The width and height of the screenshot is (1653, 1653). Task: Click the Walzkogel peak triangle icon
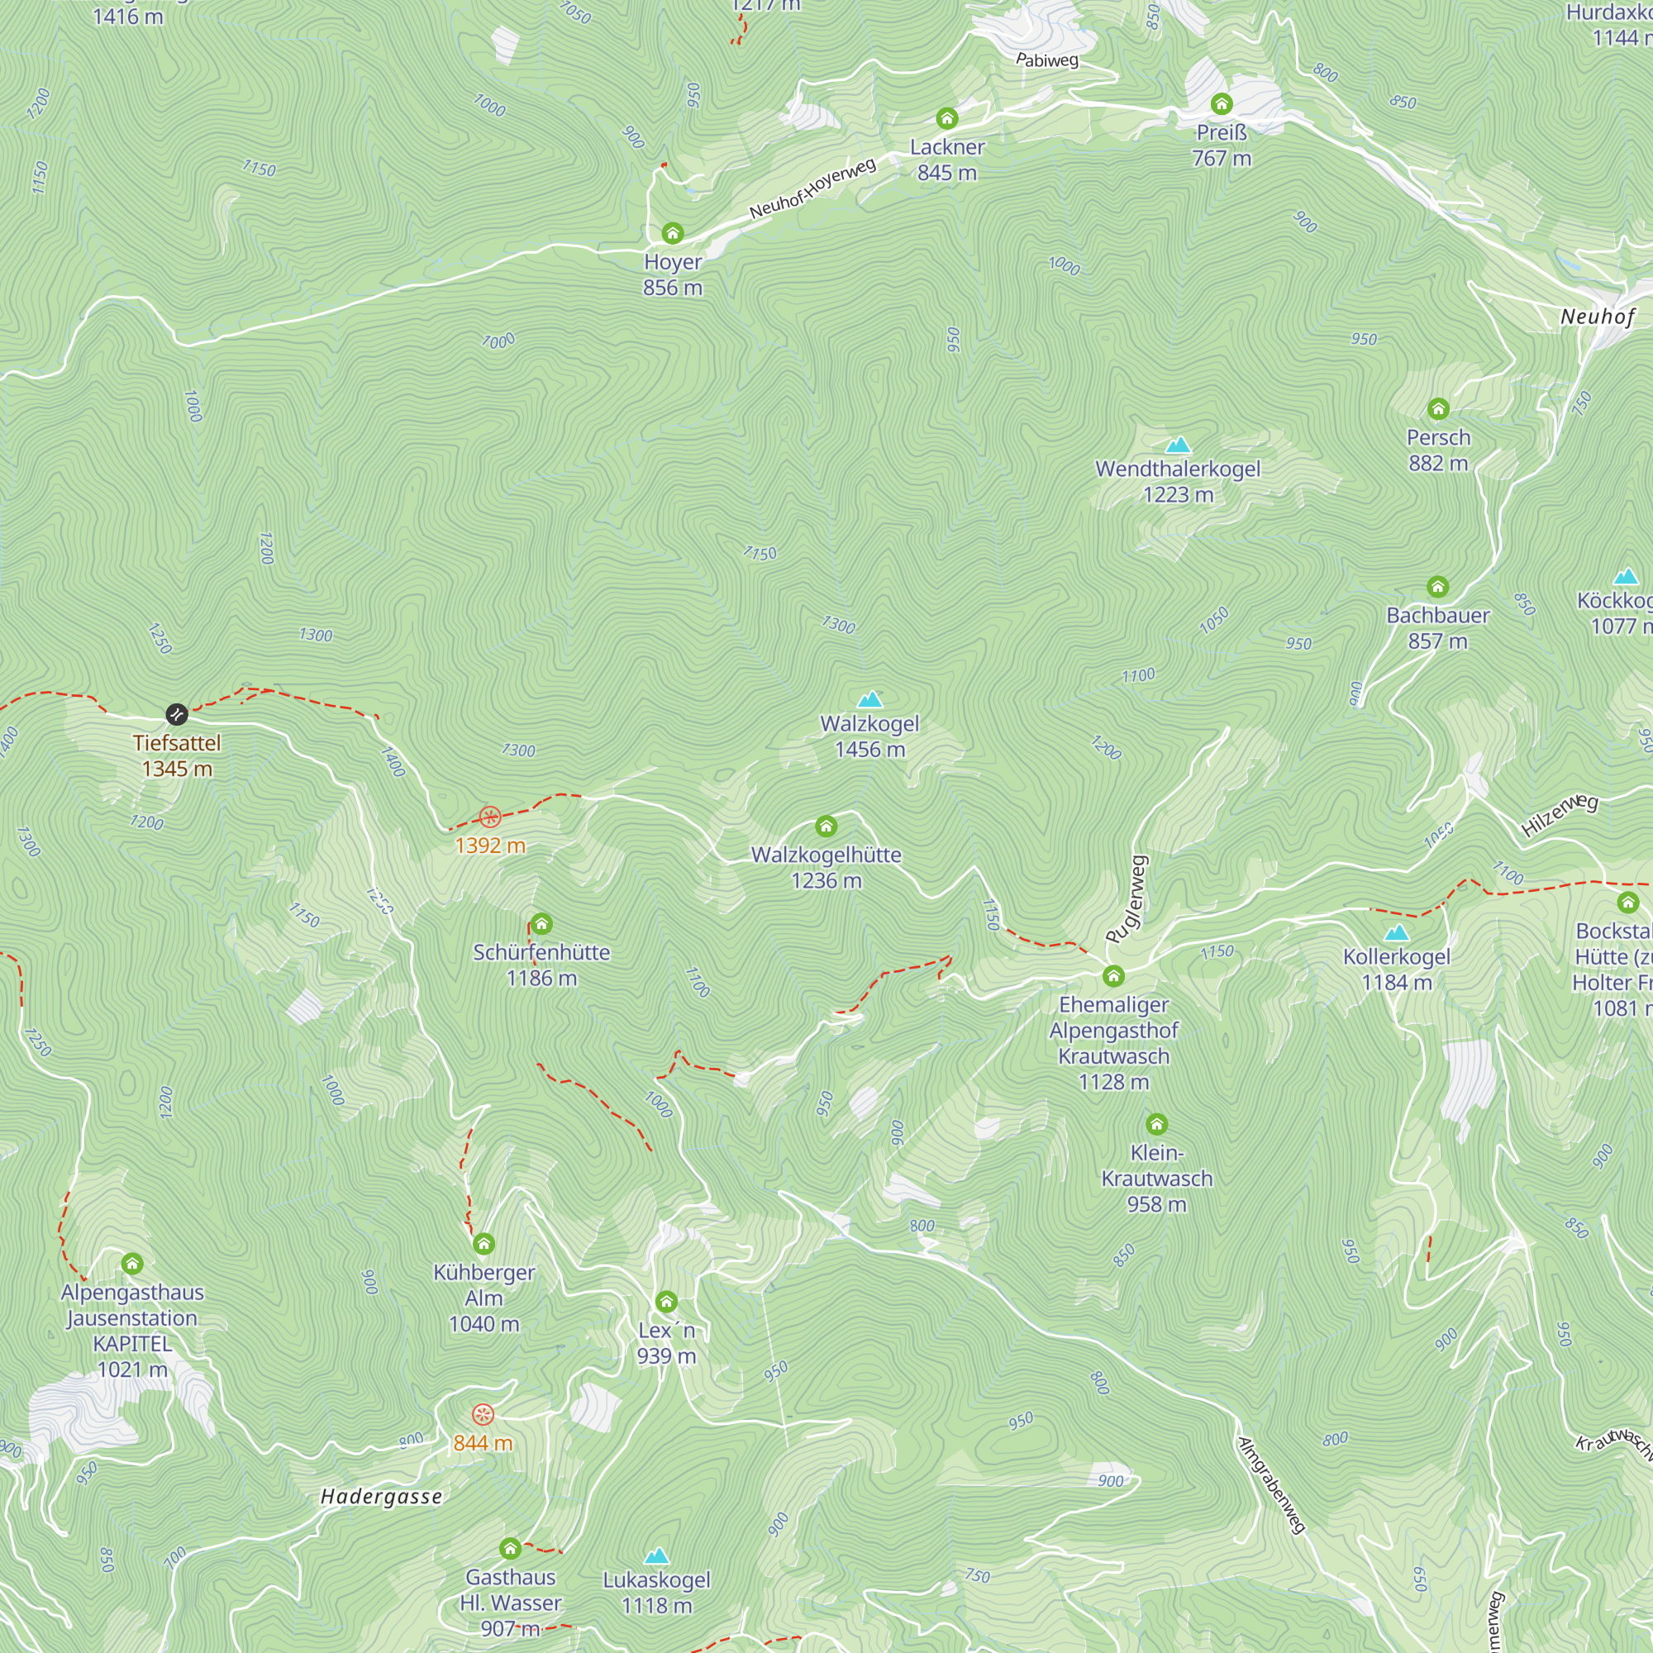point(869,700)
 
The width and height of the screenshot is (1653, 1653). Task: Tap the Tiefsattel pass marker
point(176,714)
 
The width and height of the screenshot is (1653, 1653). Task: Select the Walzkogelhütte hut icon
point(826,826)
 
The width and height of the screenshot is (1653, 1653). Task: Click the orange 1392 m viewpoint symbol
point(489,817)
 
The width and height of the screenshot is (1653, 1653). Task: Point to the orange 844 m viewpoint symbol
point(484,1414)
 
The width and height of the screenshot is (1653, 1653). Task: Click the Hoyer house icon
point(673,234)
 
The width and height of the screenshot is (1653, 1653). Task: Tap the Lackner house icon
point(946,118)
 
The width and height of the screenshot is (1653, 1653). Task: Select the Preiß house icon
point(1221,104)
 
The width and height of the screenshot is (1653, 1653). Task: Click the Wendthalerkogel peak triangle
point(1178,445)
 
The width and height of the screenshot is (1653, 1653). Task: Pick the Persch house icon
point(1438,409)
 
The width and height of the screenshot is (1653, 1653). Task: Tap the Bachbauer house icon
point(1437,587)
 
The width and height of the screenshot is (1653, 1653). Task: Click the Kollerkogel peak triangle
point(1396,932)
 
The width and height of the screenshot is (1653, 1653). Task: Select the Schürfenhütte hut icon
point(541,924)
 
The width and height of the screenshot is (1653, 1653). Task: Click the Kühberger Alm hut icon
point(484,1244)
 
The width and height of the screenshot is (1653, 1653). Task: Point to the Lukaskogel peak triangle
point(656,1555)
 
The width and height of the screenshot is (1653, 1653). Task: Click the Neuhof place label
point(1597,317)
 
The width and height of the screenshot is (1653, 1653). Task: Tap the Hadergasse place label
point(382,1497)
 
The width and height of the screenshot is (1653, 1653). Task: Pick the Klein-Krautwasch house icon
point(1156,1124)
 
